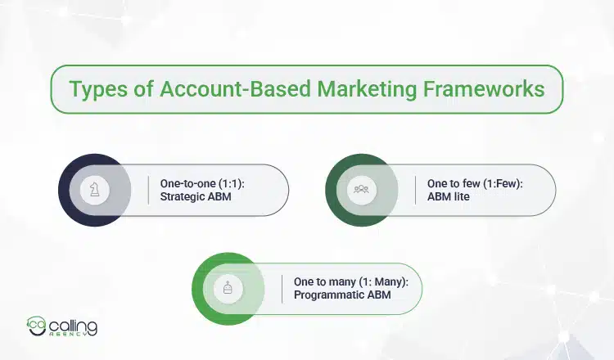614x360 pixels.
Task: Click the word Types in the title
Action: (95, 88)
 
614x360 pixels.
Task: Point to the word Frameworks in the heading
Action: (485, 88)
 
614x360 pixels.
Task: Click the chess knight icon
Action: (95, 190)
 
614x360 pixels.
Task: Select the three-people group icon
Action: (361, 190)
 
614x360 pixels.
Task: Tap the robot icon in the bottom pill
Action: (228, 288)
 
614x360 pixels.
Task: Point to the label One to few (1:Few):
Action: (475, 183)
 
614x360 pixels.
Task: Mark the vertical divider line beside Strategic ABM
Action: (148, 190)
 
